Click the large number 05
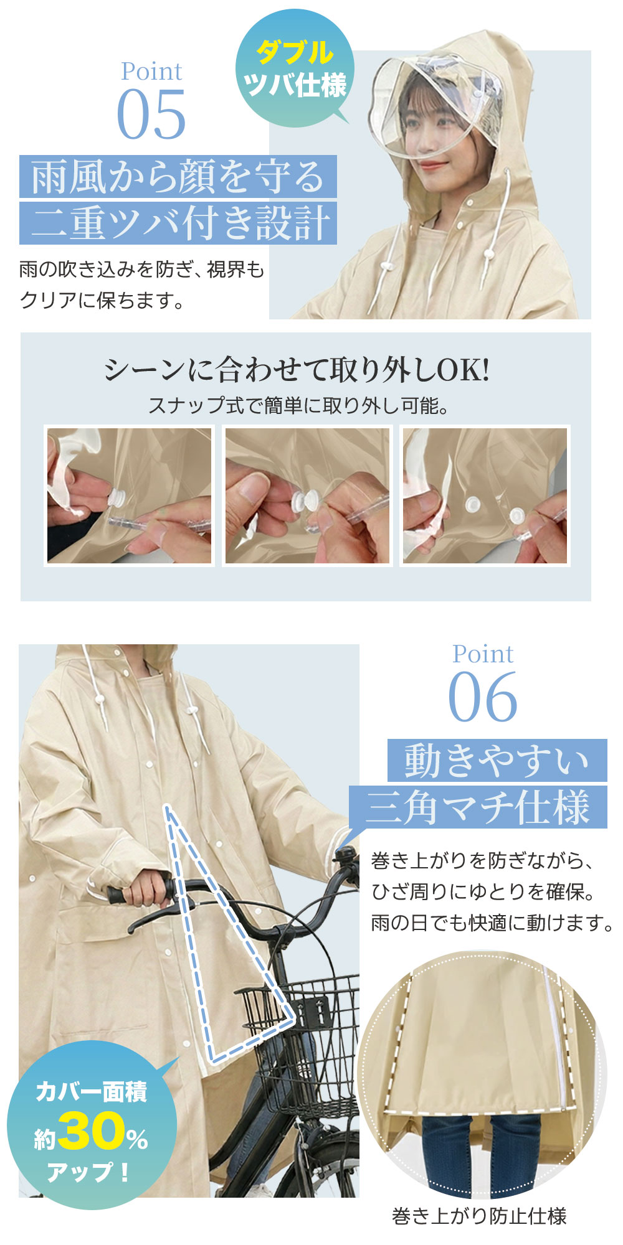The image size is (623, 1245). pos(151,115)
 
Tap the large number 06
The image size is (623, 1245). pos(483,697)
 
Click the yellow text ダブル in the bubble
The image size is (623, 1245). pos(295,52)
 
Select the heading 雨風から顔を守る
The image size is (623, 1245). pos(178,177)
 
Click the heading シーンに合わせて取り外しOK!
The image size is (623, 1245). pos(297,370)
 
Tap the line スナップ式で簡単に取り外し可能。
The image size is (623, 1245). pos(298,406)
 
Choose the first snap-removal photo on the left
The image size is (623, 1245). pos(130,496)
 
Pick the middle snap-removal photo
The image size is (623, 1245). pos(308,496)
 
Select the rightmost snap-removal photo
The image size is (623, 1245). pos(485,496)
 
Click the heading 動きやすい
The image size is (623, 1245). pos(497,760)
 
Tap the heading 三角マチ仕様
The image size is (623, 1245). pos(478,807)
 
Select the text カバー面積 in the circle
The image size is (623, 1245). pos(92,1091)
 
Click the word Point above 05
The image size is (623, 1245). pos(151,72)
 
